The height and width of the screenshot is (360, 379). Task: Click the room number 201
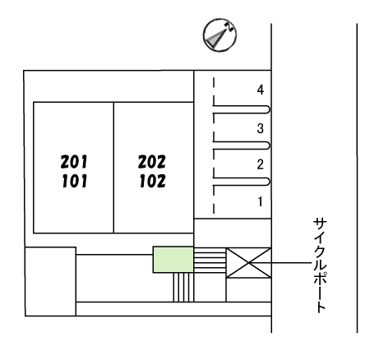coord(74,162)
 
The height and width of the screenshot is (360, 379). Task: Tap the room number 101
coord(75,181)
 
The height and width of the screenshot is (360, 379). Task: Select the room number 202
coord(152,162)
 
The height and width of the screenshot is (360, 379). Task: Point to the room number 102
coord(153,181)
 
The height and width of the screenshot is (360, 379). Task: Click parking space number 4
coord(261,90)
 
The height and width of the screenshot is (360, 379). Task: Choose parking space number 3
coord(261,128)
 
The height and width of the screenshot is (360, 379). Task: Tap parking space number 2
coord(261,164)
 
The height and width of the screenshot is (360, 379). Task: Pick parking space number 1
coord(261,201)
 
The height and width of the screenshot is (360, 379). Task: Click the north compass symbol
coord(220,35)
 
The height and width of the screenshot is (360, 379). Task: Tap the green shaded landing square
coord(173,260)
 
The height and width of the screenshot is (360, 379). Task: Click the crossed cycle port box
coord(248,263)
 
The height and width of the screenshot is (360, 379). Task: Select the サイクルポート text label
coord(320,265)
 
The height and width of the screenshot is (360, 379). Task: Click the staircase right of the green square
coord(210,261)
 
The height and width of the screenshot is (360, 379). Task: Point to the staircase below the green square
coord(183,287)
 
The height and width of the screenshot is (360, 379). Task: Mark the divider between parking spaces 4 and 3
coord(242,109)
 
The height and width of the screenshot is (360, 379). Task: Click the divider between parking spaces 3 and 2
coord(242,145)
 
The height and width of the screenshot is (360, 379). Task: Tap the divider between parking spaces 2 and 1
coord(242,182)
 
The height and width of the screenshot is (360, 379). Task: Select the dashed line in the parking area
coord(214,145)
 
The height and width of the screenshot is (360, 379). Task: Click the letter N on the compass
coord(229,26)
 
